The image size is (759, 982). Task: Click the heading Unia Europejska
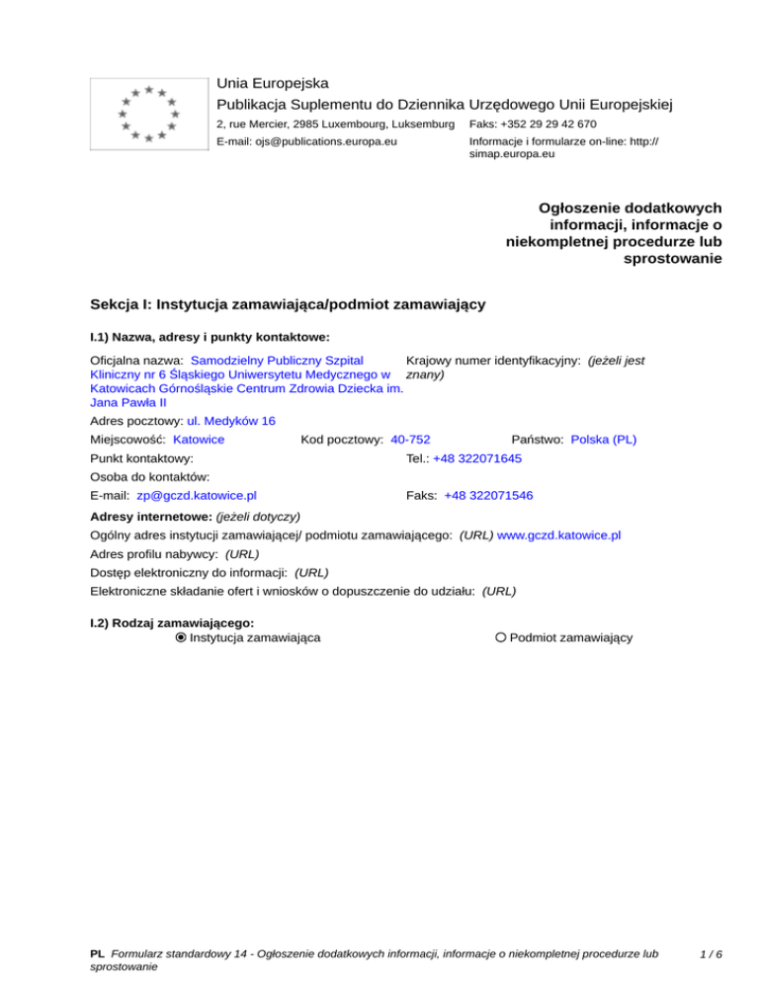tap(272, 83)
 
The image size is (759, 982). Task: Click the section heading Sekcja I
tap(287, 304)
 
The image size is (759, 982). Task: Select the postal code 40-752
tap(410, 439)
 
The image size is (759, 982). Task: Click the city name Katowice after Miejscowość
tap(198, 439)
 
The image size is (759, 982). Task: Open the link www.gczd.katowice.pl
tap(558, 534)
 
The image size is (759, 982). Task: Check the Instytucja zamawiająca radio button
tap(180, 638)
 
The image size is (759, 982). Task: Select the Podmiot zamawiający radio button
tap(501, 638)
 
